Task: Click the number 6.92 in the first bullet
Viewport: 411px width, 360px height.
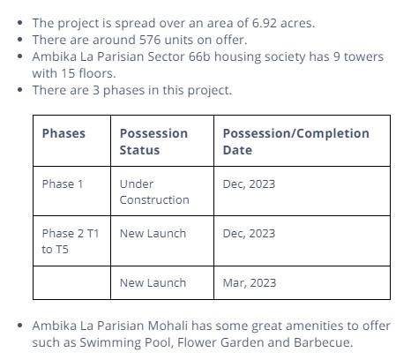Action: pos(264,23)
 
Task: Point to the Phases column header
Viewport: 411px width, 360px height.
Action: pos(64,133)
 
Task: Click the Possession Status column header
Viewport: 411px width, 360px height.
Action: pos(153,141)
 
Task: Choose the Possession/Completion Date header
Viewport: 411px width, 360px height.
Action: pos(296,141)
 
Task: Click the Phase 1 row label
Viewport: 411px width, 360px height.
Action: pos(63,184)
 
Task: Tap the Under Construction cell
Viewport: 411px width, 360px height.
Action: pos(154,191)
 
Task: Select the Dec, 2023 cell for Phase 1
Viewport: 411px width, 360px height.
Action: pos(249,184)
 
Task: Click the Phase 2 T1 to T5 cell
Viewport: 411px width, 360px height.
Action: pos(71,241)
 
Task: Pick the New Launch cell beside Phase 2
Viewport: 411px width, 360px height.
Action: pos(153,233)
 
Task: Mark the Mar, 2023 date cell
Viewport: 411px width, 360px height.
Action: pos(250,282)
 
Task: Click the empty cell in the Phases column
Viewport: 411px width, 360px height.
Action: pos(71,282)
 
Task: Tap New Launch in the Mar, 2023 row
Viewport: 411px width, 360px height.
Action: pos(153,282)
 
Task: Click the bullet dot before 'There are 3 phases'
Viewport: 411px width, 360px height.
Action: pos(20,90)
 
